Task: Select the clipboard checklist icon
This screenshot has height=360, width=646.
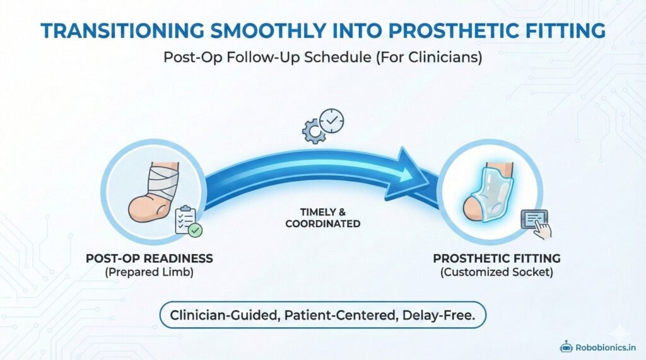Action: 187,221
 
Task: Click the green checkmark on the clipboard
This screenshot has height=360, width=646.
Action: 196,231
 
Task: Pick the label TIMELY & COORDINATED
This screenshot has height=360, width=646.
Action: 322,218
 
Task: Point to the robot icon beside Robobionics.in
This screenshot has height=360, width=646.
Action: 566,346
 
